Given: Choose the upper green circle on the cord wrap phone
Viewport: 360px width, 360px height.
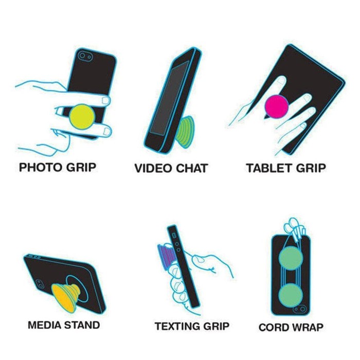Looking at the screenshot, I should pos(291,257).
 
